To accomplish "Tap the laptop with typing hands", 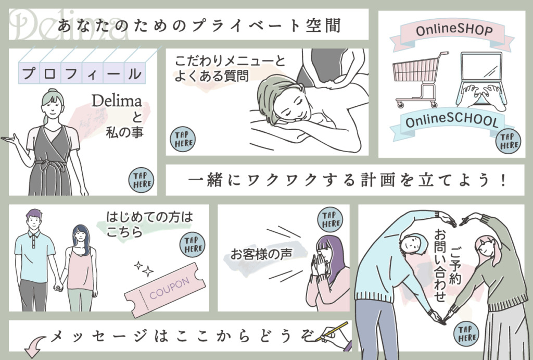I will pyautogui.click(x=481, y=83).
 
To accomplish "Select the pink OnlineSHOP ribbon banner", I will pyautogui.click(x=453, y=31).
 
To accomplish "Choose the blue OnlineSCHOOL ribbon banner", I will pyautogui.click(x=450, y=122).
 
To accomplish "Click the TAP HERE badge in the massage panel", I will pyautogui.click(x=182, y=139).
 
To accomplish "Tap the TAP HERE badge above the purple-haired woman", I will pyautogui.click(x=331, y=219).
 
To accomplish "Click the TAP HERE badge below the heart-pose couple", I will pyautogui.click(x=467, y=333).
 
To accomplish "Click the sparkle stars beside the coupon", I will pyautogui.click(x=144, y=269).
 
